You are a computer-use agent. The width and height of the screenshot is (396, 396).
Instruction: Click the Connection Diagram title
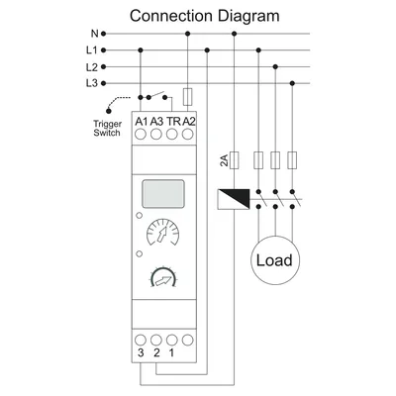coord(205,16)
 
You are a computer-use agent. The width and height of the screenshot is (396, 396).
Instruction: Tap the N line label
coord(95,34)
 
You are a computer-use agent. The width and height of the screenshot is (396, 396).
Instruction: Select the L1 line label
coord(92,50)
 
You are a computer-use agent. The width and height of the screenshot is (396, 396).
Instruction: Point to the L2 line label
coord(92,67)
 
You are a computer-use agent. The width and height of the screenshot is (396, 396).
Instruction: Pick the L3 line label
coord(92,83)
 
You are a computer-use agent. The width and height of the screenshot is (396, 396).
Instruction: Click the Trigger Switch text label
coord(107,129)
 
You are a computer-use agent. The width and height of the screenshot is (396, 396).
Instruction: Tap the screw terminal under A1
coord(141,135)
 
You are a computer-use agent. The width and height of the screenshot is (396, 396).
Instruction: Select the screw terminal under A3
coord(156,135)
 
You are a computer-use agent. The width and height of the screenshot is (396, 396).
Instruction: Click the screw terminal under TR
coord(171,135)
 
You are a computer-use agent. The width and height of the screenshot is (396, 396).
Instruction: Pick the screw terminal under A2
coord(187,135)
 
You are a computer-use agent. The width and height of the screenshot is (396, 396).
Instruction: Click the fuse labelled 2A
coord(234,160)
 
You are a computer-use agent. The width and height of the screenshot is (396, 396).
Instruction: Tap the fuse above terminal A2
coord(187,97)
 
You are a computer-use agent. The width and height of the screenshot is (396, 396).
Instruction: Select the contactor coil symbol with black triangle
coord(234,199)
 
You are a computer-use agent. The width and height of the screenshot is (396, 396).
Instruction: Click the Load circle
coord(275,260)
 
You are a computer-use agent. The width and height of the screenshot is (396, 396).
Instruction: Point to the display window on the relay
coord(162,193)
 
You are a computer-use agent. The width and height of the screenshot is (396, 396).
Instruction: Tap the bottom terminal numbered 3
coord(141,340)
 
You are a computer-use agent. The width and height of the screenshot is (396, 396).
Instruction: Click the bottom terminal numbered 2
coord(156,340)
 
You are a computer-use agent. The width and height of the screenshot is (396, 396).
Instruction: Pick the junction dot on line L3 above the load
coord(292,83)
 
